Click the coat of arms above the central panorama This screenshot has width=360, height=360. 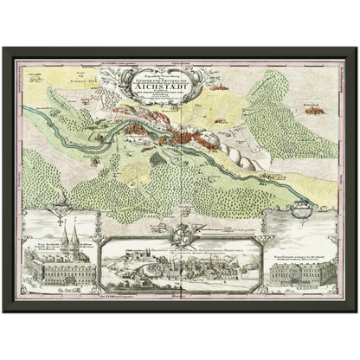point(183,235)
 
